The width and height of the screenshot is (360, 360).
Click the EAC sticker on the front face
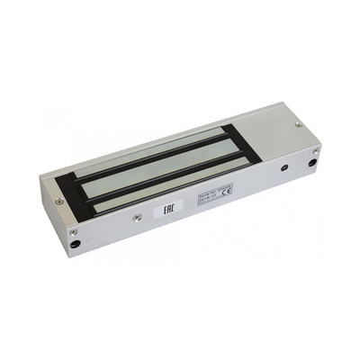(168, 207)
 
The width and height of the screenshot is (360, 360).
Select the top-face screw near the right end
(298, 124)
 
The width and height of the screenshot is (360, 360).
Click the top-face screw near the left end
(59, 202)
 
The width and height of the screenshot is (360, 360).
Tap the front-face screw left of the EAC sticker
(137, 218)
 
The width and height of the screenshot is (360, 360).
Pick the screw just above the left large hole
(73, 232)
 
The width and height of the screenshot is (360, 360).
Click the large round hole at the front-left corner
(76, 243)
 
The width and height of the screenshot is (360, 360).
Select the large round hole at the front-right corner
(312, 163)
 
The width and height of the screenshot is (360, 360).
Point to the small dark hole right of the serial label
(284, 167)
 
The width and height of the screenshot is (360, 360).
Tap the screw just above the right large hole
(315, 150)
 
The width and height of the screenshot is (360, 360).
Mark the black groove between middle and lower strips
(162, 180)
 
